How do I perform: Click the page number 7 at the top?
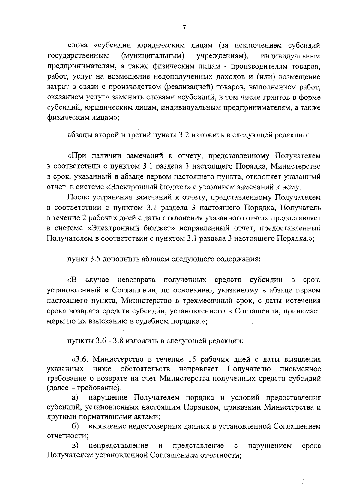pyautogui.click(x=184, y=28)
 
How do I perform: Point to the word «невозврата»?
pyautogui.click(x=136, y=280)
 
